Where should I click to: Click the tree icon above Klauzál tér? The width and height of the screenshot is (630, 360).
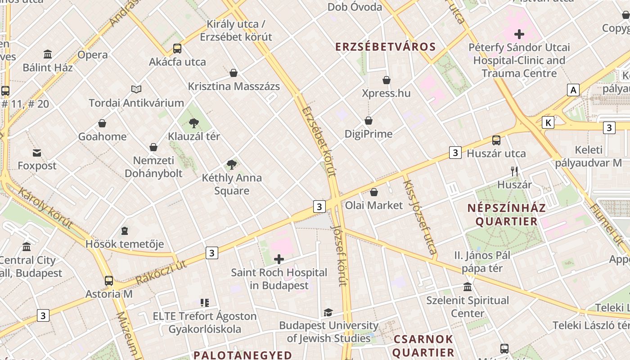(194, 123)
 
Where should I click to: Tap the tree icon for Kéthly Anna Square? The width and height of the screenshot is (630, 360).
(232, 165)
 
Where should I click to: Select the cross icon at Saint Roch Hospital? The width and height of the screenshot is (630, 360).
(279, 259)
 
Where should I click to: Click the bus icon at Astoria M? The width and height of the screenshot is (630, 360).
(109, 281)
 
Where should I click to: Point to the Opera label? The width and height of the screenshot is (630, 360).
(93, 55)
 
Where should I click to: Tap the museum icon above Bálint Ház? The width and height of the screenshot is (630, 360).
(48, 54)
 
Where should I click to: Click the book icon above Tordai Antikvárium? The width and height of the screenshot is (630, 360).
(136, 89)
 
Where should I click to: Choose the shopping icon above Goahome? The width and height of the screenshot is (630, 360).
(102, 123)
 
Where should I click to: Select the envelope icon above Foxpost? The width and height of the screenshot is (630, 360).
(37, 153)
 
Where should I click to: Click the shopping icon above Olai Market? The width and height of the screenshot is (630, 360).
(373, 193)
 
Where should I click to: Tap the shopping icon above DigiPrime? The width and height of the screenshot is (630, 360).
(369, 121)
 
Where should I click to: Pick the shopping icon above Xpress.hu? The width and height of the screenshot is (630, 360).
(386, 80)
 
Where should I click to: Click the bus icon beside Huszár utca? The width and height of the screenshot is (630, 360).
(496, 140)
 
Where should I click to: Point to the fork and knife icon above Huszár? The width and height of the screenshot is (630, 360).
(514, 171)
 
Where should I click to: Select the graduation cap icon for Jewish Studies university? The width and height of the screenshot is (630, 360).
(328, 312)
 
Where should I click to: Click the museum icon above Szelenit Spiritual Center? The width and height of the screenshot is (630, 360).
(468, 287)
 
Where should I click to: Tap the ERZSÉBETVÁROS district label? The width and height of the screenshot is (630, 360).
(386, 47)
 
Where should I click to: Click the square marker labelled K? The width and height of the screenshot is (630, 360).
(548, 122)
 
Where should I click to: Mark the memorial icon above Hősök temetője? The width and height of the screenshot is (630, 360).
(125, 231)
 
